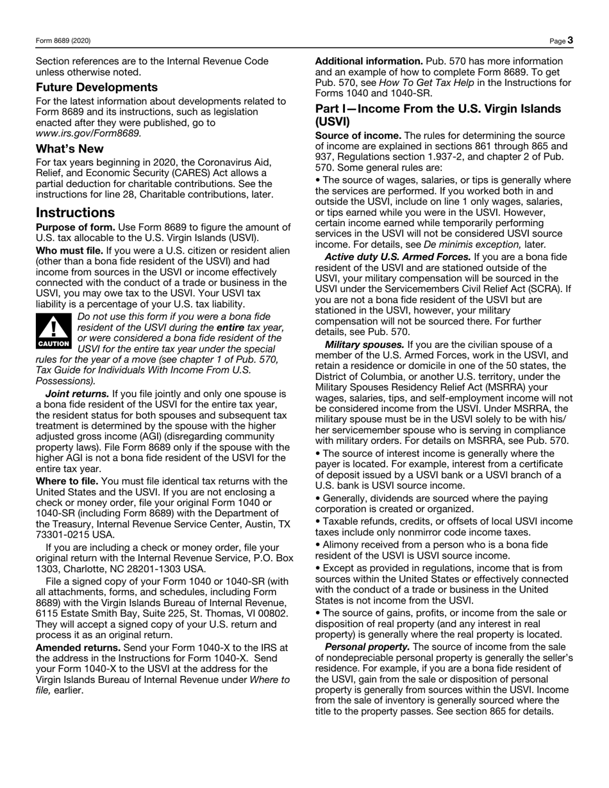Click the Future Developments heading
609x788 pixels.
tap(96, 87)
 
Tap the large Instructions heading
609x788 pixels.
tap(75, 212)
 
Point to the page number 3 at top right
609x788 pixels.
tap(570, 40)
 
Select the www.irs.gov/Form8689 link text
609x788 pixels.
tap(88, 133)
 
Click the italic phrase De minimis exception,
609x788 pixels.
tap(472, 244)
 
